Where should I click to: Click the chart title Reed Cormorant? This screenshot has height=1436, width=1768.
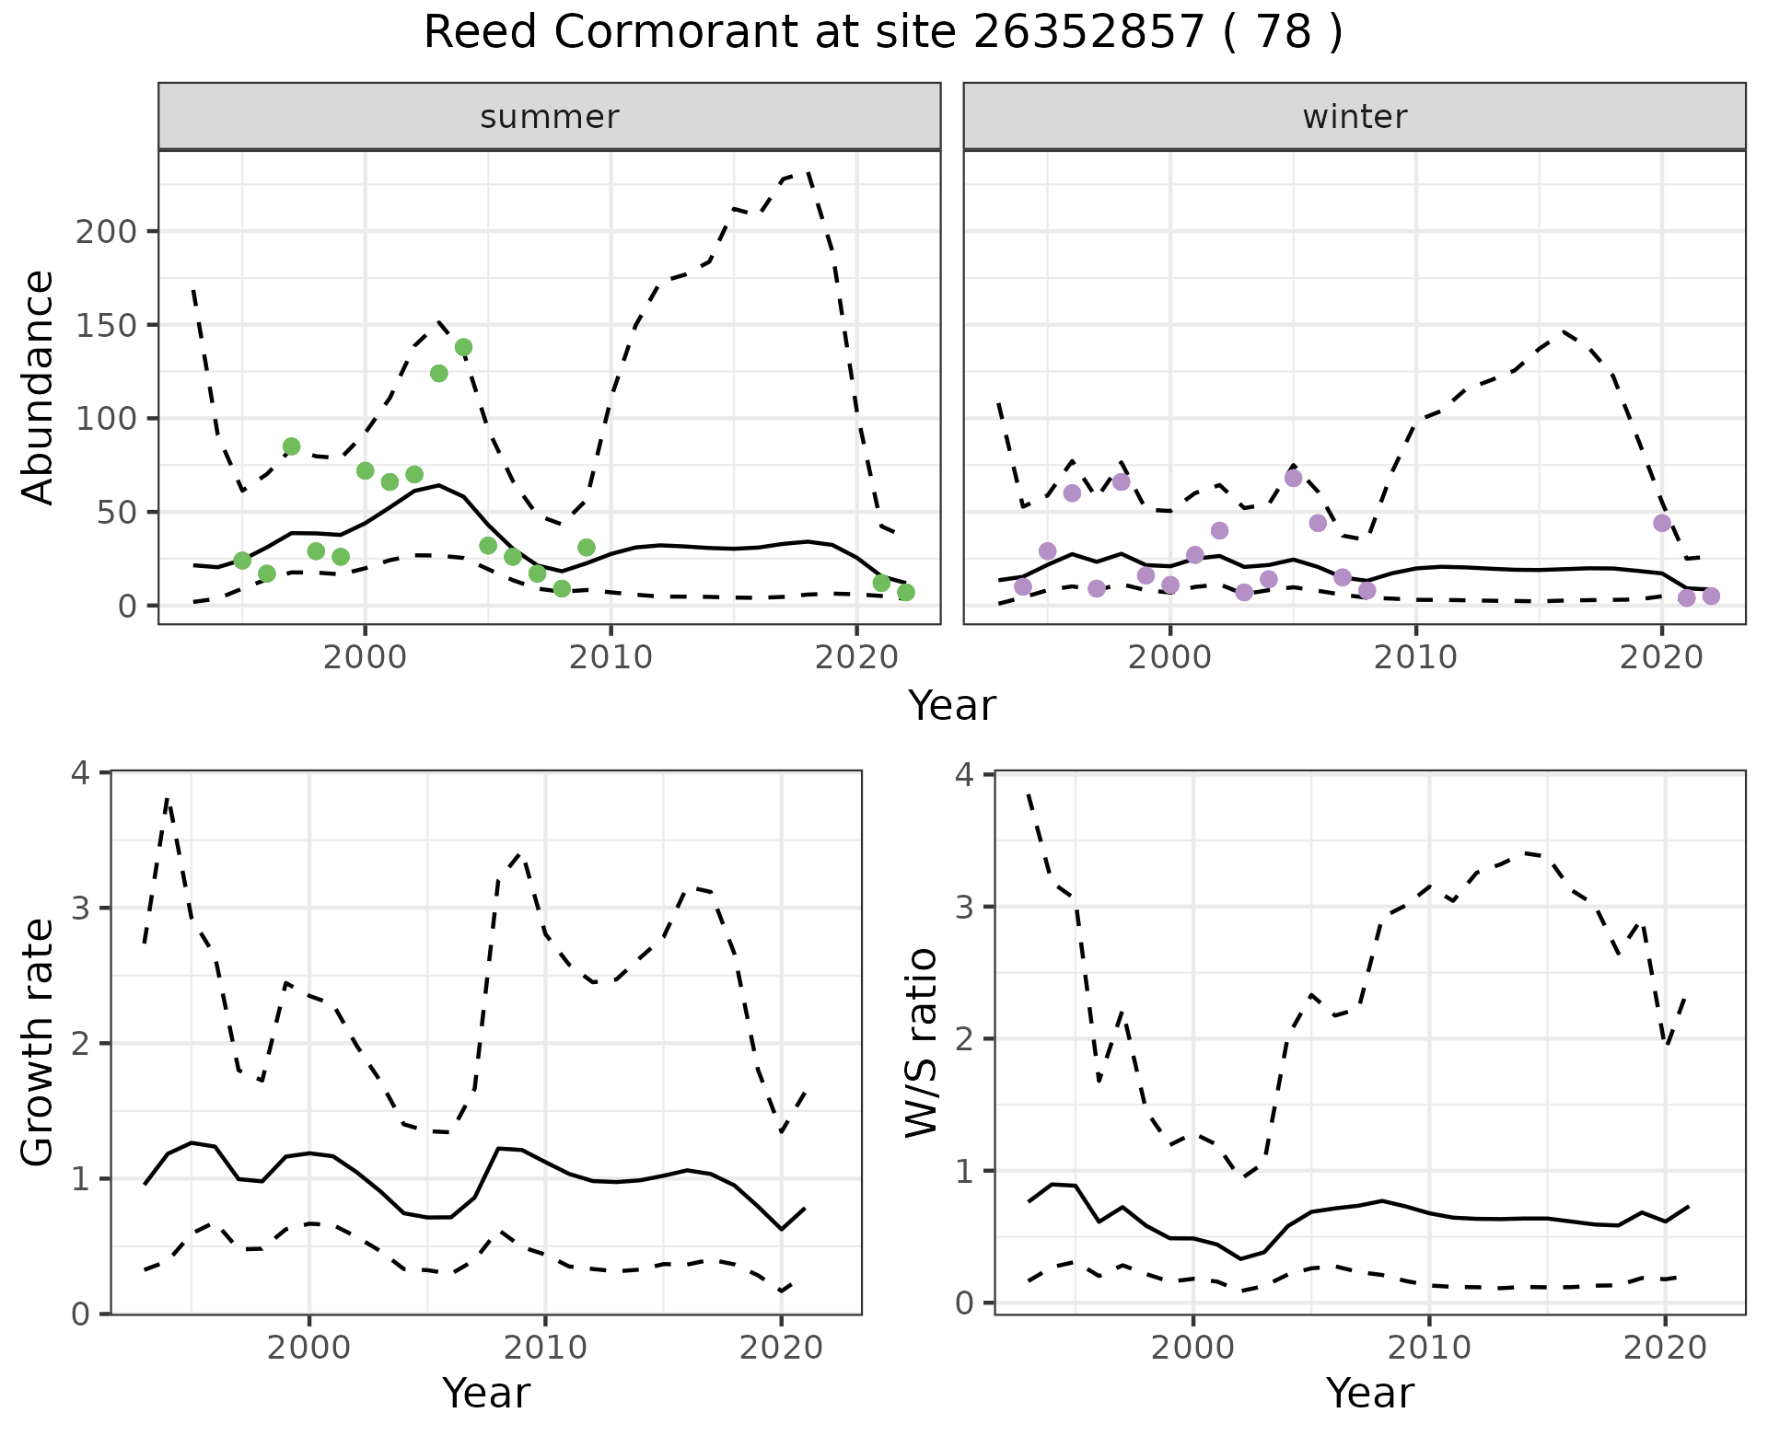pos(882,33)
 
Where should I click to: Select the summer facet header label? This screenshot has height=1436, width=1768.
pos(550,117)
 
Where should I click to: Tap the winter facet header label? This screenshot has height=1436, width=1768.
pos(1355,117)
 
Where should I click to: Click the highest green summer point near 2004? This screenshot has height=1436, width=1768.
pos(463,347)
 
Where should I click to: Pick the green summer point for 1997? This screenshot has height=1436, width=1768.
pos(291,446)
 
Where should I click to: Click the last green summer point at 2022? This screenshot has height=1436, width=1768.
pos(906,592)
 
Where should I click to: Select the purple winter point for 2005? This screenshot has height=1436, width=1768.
pos(1293,478)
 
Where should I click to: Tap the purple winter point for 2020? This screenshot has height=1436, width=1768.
pos(1662,523)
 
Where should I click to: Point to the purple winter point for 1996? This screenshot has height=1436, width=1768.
pos(1072,493)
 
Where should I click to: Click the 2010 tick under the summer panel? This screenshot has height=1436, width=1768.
pos(611,657)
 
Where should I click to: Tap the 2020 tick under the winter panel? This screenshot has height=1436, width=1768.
pos(1662,657)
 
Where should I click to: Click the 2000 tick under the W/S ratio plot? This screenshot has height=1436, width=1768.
pos(1192,1349)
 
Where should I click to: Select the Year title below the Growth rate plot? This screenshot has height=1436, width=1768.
pos(486,1394)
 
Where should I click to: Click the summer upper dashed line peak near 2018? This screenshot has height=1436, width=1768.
pos(808,172)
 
